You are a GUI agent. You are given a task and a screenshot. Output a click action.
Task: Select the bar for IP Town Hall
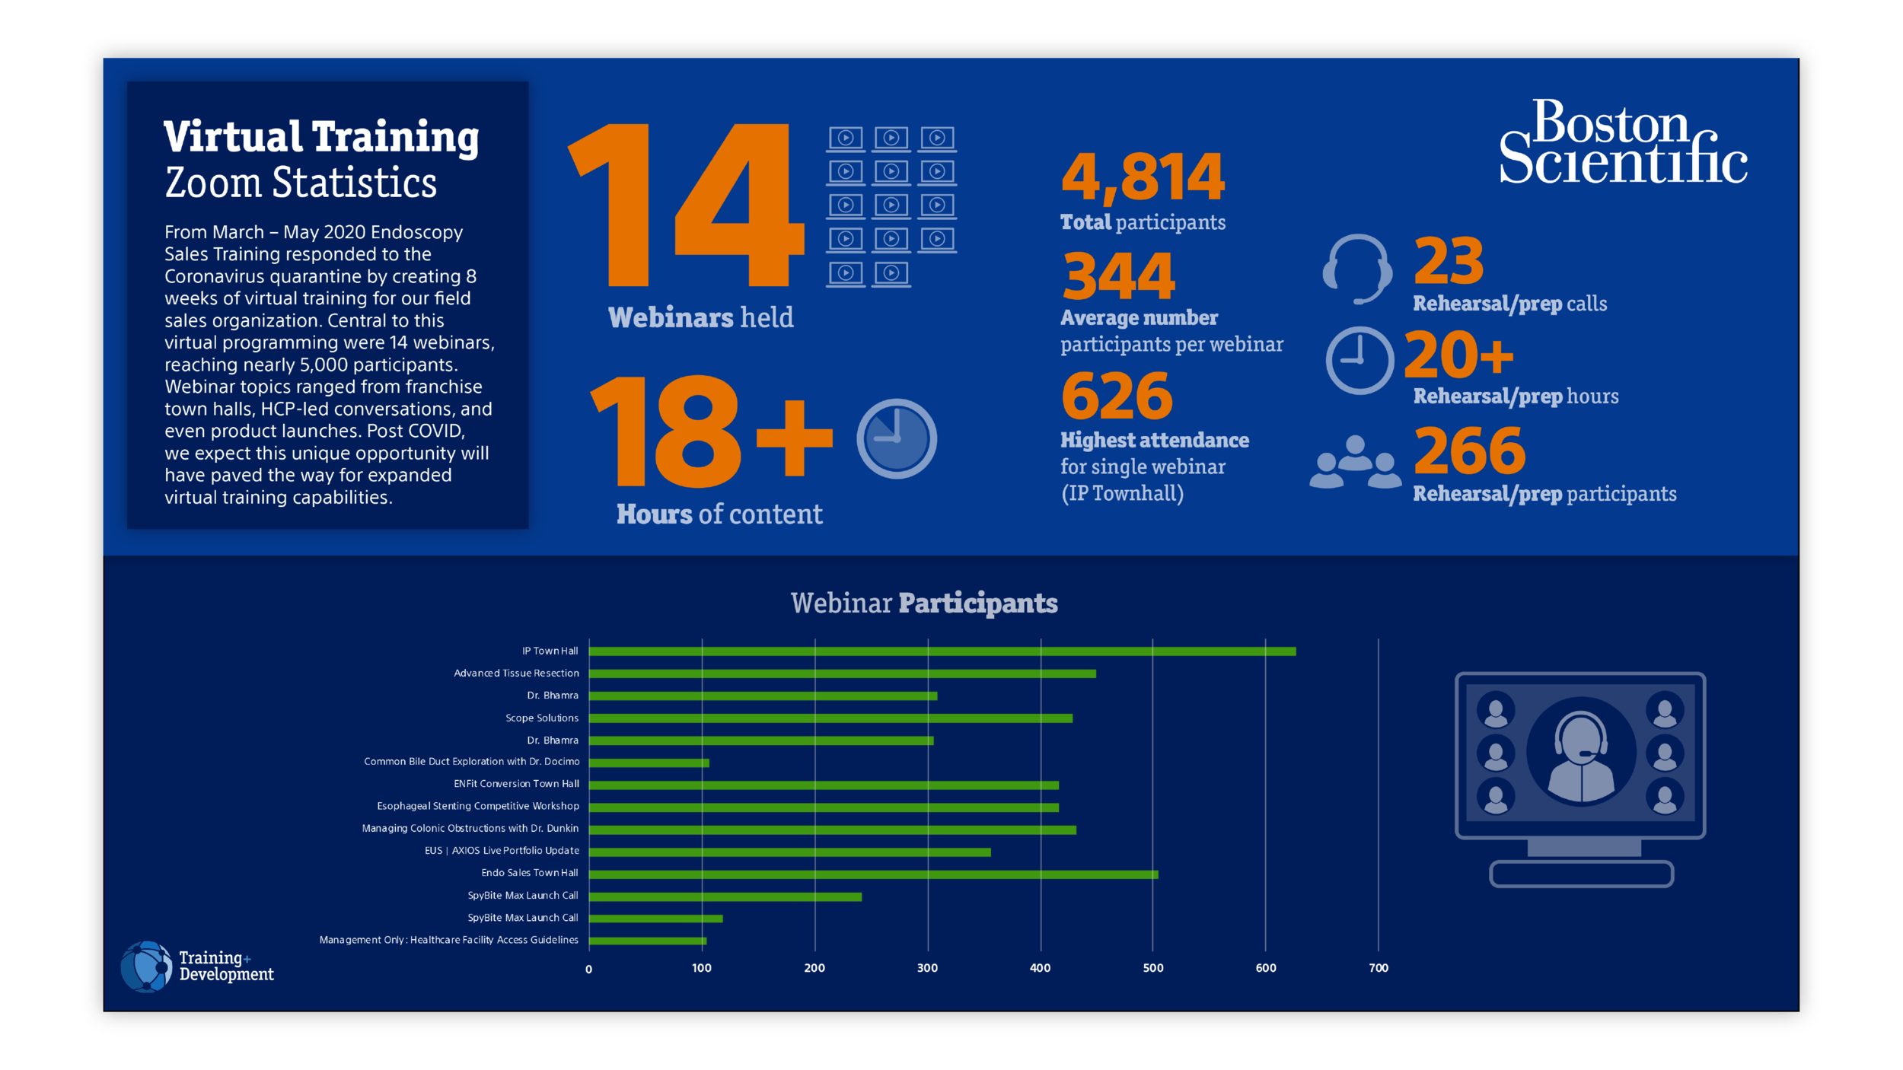tap(942, 651)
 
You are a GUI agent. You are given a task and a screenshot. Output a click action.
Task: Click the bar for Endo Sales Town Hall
tap(873, 874)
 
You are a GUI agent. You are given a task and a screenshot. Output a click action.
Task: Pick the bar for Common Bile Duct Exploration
tap(649, 763)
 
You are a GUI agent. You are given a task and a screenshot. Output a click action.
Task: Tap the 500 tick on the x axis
tap(1152, 968)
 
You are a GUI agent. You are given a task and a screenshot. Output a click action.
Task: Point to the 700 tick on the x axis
tap(1378, 968)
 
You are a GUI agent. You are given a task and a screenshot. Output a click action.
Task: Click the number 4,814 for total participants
tap(1143, 177)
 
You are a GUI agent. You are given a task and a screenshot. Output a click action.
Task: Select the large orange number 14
tap(685, 205)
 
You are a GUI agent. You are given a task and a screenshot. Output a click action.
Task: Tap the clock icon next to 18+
tap(896, 438)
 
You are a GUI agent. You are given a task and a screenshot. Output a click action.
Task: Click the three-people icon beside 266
tap(1355, 462)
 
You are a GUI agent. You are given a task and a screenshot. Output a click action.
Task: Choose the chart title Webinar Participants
tap(923, 603)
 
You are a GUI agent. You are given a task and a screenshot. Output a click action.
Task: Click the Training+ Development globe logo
tap(146, 967)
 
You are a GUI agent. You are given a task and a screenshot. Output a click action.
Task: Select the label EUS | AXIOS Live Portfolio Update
tap(502, 851)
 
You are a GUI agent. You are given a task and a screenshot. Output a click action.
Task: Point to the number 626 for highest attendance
tap(1117, 396)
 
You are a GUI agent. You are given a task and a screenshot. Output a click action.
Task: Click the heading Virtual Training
tap(320, 137)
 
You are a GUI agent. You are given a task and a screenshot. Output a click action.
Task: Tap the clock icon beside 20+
tap(1359, 361)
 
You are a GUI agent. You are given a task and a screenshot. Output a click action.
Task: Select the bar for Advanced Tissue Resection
tap(842, 674)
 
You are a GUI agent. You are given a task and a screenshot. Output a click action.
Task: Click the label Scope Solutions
tap(541, 718)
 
